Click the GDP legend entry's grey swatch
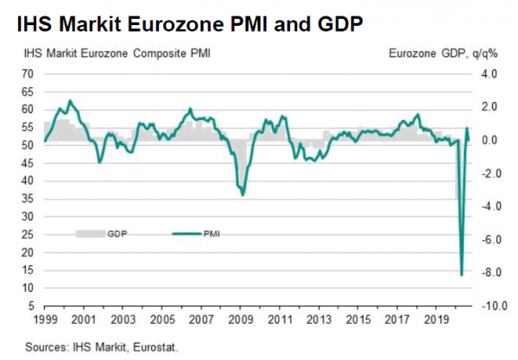tap(88, 233)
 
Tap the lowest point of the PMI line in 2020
tap(462, 275)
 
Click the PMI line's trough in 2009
tap(243, 195)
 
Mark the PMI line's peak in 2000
tap(69, 101)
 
